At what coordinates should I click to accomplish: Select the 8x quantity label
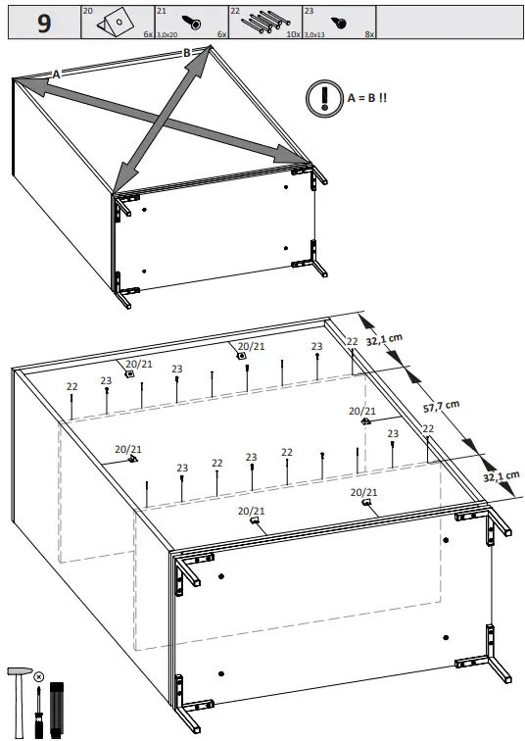coord(368,34)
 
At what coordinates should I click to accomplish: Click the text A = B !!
coord(367,99)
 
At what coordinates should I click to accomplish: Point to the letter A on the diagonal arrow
coord(56,74)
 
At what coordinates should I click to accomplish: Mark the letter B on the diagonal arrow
coord(187,53)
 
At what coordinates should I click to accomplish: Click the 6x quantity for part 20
coord(148,34)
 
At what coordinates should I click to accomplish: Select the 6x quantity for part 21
coord(221,34)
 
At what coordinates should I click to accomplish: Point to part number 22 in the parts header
coord(234,11)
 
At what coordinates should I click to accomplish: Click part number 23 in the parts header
coord(309,11)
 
